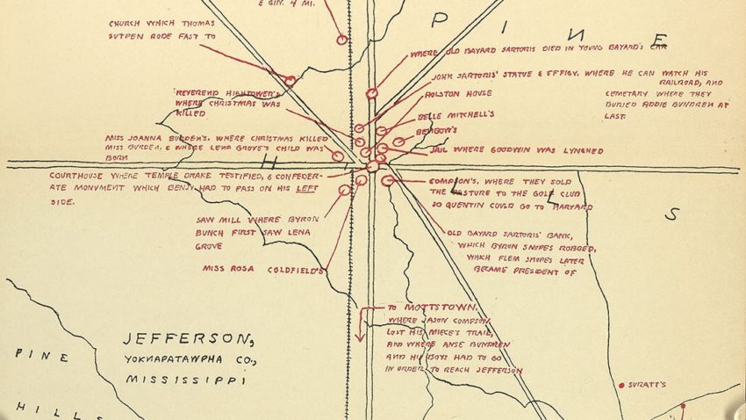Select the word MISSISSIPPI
pyautogui.click(x=183, y=381)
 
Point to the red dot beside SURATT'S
pyautogui.click(x=621, y=385)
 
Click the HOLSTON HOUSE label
pyautogui.click(x=457, y=93)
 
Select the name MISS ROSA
pyautogui.click(x=224, y=269)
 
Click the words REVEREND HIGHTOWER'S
pyautogui.click(x=226, y=91)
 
